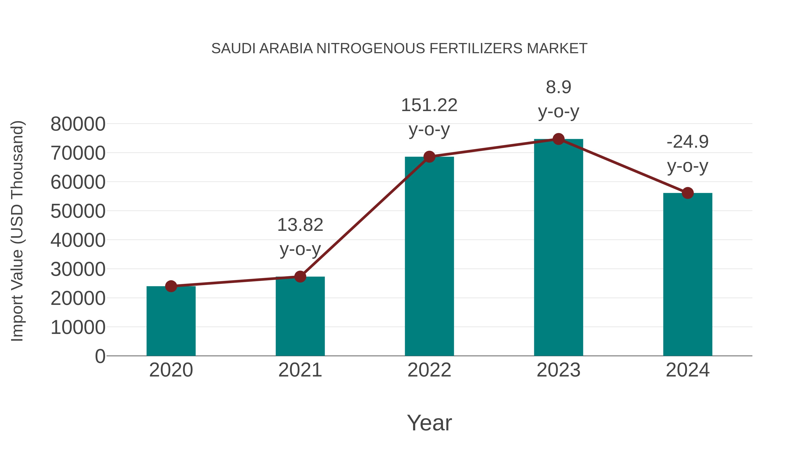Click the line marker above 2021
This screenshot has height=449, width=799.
point(300,276)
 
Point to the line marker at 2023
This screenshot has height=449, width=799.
point(558,139)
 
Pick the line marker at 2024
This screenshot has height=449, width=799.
point(688,193)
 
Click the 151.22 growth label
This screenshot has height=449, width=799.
point(429,105)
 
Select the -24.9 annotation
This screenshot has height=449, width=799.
point(688,142)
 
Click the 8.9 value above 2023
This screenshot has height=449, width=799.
point(558,87)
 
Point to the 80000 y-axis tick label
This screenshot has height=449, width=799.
point(78,124)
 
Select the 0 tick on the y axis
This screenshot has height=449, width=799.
point(100,356)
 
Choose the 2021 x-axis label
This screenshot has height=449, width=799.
point(300,370)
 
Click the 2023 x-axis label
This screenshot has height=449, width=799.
point(558,370)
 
